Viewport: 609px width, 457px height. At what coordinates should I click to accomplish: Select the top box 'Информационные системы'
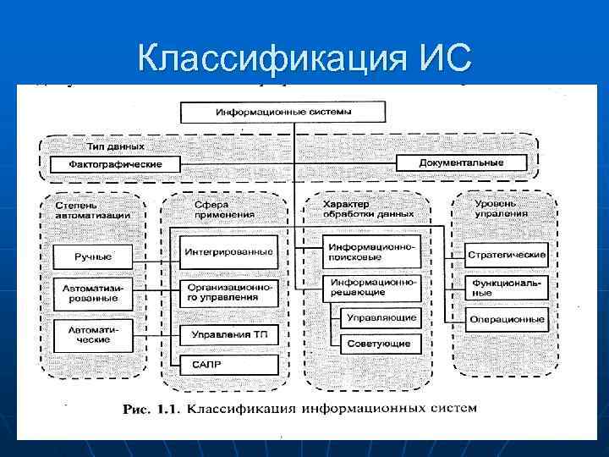coord(284,112)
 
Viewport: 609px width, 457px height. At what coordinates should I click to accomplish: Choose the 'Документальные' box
coord(461,162)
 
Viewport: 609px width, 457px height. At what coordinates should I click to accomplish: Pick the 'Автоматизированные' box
coord(93,294)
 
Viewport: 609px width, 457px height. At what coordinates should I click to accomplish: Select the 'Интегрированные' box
coord(229,251)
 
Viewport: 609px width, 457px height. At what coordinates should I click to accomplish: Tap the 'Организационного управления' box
coord(229,293)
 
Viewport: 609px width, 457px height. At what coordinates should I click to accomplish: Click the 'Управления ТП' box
coord(229,334)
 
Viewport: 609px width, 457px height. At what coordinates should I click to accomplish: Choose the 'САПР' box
coord(229,365)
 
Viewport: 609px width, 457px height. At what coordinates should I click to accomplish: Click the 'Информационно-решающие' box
coord(371,287)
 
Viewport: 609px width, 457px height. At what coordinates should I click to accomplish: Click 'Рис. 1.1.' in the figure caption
coord(151,409)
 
